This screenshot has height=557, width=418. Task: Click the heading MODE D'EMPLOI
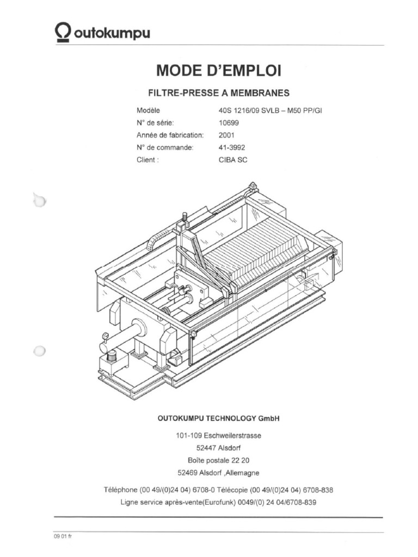pos(219,70)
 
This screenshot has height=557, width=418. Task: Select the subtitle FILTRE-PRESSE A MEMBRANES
pos(219,92)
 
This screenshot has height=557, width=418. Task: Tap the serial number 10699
pos(229,122)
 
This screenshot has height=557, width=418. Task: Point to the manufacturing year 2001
pos(226,135)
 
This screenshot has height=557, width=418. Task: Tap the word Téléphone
pos(120,490)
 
